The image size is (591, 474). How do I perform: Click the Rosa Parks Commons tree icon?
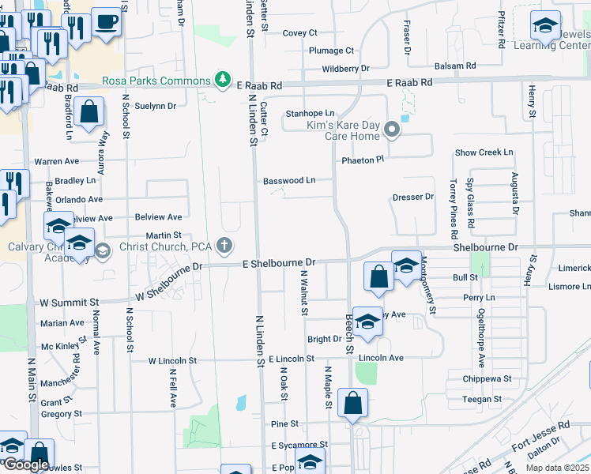click(x=224, y=80)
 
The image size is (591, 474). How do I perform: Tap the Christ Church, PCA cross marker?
click(x=225, y=245)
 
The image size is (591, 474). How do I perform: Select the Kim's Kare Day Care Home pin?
click(x=391, y=129)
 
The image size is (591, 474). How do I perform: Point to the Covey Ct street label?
click(x=299, y=32)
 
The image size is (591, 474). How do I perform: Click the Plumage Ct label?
click(x=331, y=51)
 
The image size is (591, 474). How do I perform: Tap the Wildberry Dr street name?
click(x=345, y=69)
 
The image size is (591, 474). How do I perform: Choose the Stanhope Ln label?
click(x=310, y=113)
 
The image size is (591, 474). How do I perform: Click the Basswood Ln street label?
click(x=288, y=180)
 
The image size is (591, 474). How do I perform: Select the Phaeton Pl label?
click(x=362, y=160)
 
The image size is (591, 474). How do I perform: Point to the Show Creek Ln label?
click(x=484, y=152)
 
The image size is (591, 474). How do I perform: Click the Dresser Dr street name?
click(x=413, y=197)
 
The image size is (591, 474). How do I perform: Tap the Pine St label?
click(x=279, y=424)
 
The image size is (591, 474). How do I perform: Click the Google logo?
click(x=26, y=465)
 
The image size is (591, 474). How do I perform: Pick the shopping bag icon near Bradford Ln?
click(x=88, y=113)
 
